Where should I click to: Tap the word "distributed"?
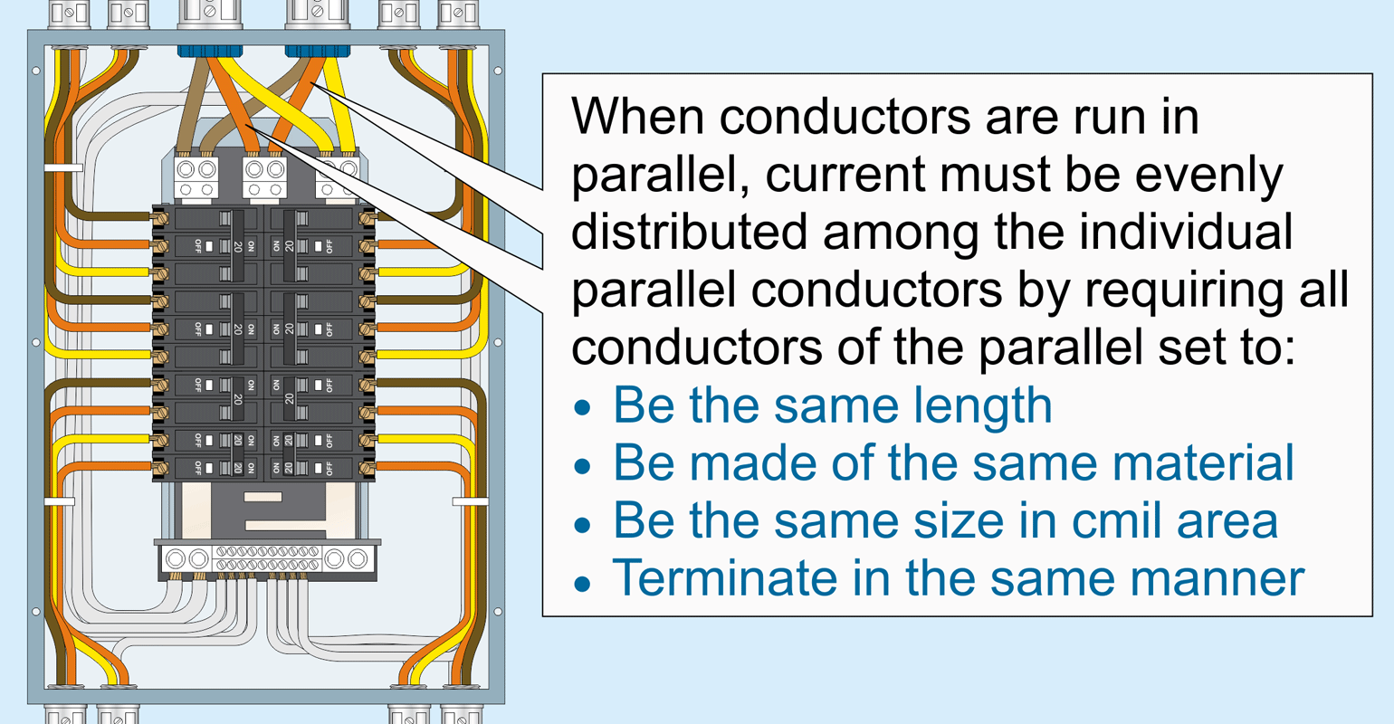coord(688,233)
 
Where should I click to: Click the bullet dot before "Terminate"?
coord(583,581)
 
